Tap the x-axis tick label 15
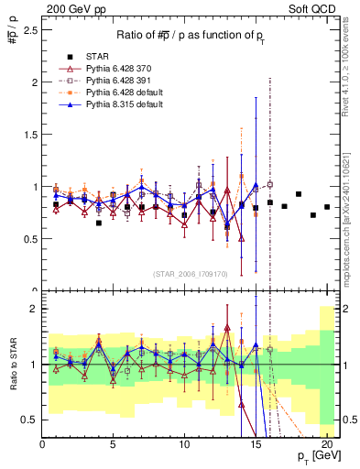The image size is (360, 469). point(256,444)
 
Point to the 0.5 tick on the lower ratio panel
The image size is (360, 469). point(30,420)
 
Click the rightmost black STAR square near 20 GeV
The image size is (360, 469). point(327,207)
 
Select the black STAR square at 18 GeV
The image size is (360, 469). point(299,194)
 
